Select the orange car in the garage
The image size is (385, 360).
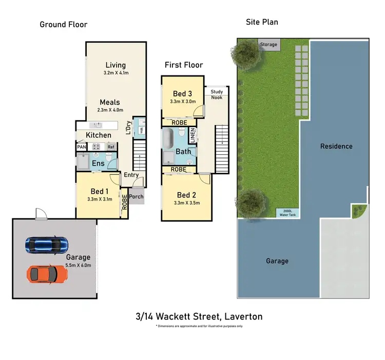tap(47, 274)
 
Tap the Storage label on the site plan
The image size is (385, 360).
tap(268, 45)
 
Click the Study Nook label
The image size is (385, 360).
tap(217, 94)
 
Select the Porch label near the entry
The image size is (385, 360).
tap(136, 196)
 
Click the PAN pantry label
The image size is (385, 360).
tap(81, 147)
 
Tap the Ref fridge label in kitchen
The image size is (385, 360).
tap(110, 147)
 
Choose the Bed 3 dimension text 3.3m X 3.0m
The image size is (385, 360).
tap(183, 102)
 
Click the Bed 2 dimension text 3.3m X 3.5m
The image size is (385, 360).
tap(187, 203)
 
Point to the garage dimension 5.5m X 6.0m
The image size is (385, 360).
tap(78, 265)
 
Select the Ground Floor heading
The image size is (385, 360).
tap(64, 25)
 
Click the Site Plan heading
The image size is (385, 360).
tap(262, 22)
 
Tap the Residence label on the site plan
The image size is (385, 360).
tap(336, 146)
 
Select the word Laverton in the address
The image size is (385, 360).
tap(242, 316)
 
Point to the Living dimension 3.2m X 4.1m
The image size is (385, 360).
tap(115, 73)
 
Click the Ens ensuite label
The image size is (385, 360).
tap(98, 164)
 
